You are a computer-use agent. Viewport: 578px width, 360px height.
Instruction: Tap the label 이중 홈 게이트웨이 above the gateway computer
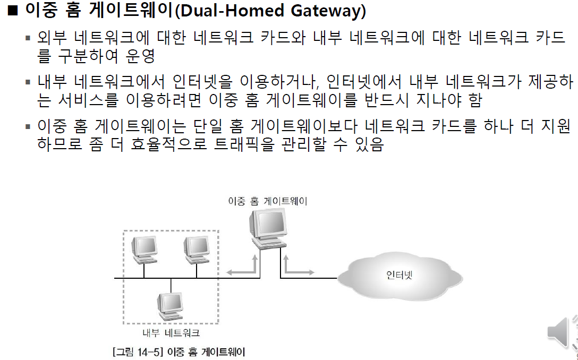coord(267,201)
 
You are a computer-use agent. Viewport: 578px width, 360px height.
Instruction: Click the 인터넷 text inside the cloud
coord(399,275)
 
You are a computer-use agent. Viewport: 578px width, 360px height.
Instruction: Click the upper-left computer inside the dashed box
coord(144,249)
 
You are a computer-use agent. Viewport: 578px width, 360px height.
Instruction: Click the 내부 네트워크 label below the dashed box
coord(171,333)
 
